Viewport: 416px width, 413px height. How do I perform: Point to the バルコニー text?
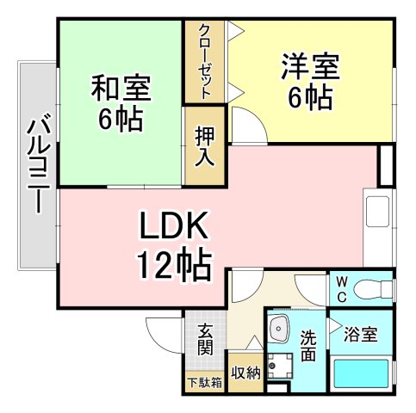pos(37,164)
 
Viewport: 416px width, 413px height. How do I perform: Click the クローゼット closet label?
pos(204,61)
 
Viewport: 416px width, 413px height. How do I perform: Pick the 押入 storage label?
pos(205,146)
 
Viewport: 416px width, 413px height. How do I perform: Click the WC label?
pos(341,287)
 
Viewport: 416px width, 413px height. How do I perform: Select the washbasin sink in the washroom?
pos(280,328)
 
